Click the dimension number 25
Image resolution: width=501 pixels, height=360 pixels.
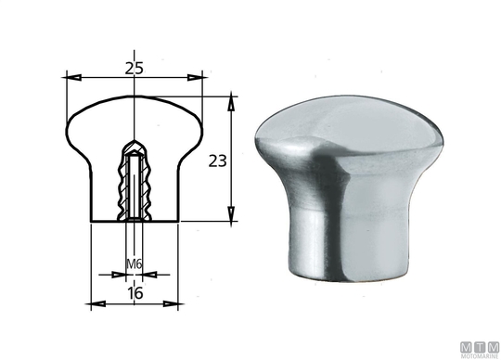pos(135,69)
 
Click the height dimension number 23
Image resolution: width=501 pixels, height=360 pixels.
pos(218,161)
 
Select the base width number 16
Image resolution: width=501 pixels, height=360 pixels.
pos(135,293)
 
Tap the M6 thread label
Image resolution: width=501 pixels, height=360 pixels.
pos(135,264)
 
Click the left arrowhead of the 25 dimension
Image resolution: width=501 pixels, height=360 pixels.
pos(73,77)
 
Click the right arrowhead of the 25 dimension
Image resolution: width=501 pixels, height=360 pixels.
pos(195,77)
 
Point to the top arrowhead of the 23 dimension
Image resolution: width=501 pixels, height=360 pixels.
pos(231,103)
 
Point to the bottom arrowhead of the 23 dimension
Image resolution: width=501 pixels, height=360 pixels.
pos(231,213)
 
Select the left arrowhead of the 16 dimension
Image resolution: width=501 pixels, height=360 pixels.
pos(98,303)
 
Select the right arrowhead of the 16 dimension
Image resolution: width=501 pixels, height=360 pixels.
pos(171,303)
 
